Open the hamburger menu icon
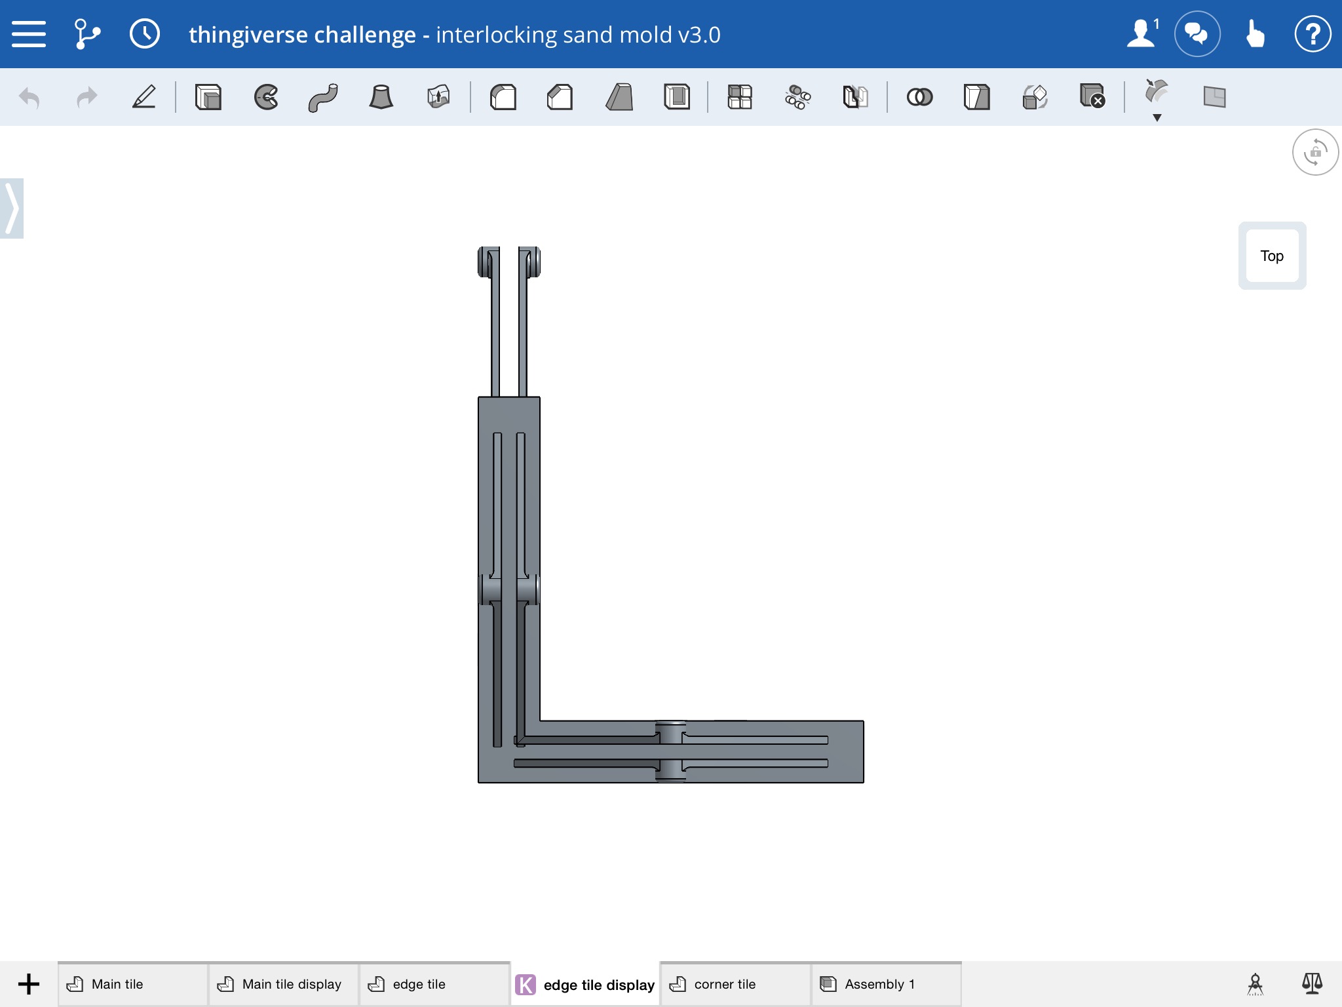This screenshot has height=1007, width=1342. pos(29,34)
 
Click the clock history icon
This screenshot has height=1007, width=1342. pos(145,33)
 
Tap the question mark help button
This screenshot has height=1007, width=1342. pos(1313,33)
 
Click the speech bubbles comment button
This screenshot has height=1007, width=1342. pos(1197,33)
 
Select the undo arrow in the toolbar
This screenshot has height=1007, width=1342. pos(29,98)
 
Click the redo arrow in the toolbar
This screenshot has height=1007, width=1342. pos(86,98)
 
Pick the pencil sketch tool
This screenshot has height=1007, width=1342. pos(144,96)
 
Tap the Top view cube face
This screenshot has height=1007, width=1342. pos(1272,256)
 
